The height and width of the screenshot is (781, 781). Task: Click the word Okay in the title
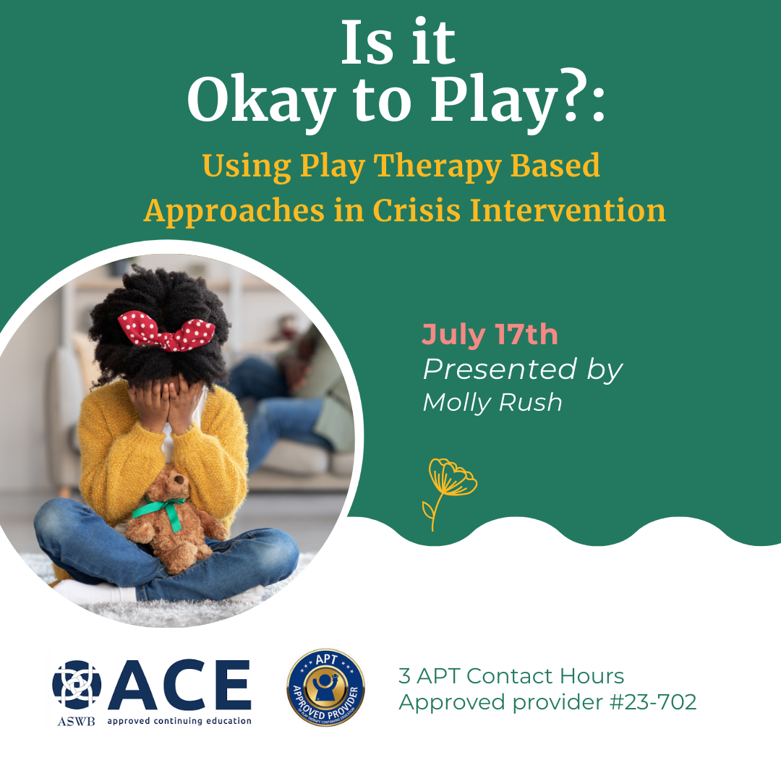pos(257,101)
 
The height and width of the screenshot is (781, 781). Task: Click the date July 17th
pos(490,335)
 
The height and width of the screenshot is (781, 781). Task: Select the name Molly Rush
pos(492,402)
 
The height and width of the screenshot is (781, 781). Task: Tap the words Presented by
pos(522,370)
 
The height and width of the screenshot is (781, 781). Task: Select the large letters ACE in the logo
pos(179,686)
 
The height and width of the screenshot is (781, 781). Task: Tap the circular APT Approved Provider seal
pos(325,687)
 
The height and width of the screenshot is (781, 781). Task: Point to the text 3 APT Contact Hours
pos(511,676)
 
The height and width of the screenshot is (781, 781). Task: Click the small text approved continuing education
pos(179,720)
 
